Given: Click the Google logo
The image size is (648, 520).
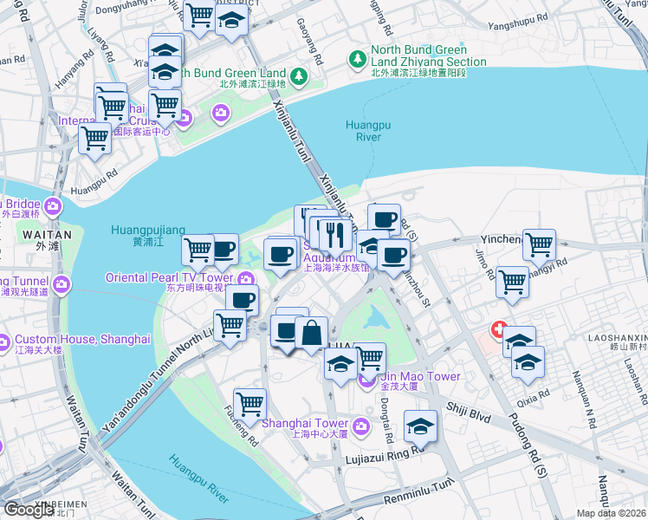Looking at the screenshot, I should pyautogui.click(x=29, y=510).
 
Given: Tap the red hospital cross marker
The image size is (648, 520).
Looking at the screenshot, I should pyautogui.click(x=498, y=330).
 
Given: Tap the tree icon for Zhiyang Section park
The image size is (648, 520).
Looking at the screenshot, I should pyautogui.click(x=356, y=58).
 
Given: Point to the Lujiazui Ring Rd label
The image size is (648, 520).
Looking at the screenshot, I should pyautogui.click(x=386, y=458).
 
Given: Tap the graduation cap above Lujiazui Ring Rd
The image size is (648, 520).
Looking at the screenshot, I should pyautogui.click(x=421, y=426).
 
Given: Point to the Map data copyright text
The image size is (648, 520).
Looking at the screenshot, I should pyautogui.click(x=611, y=513).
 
